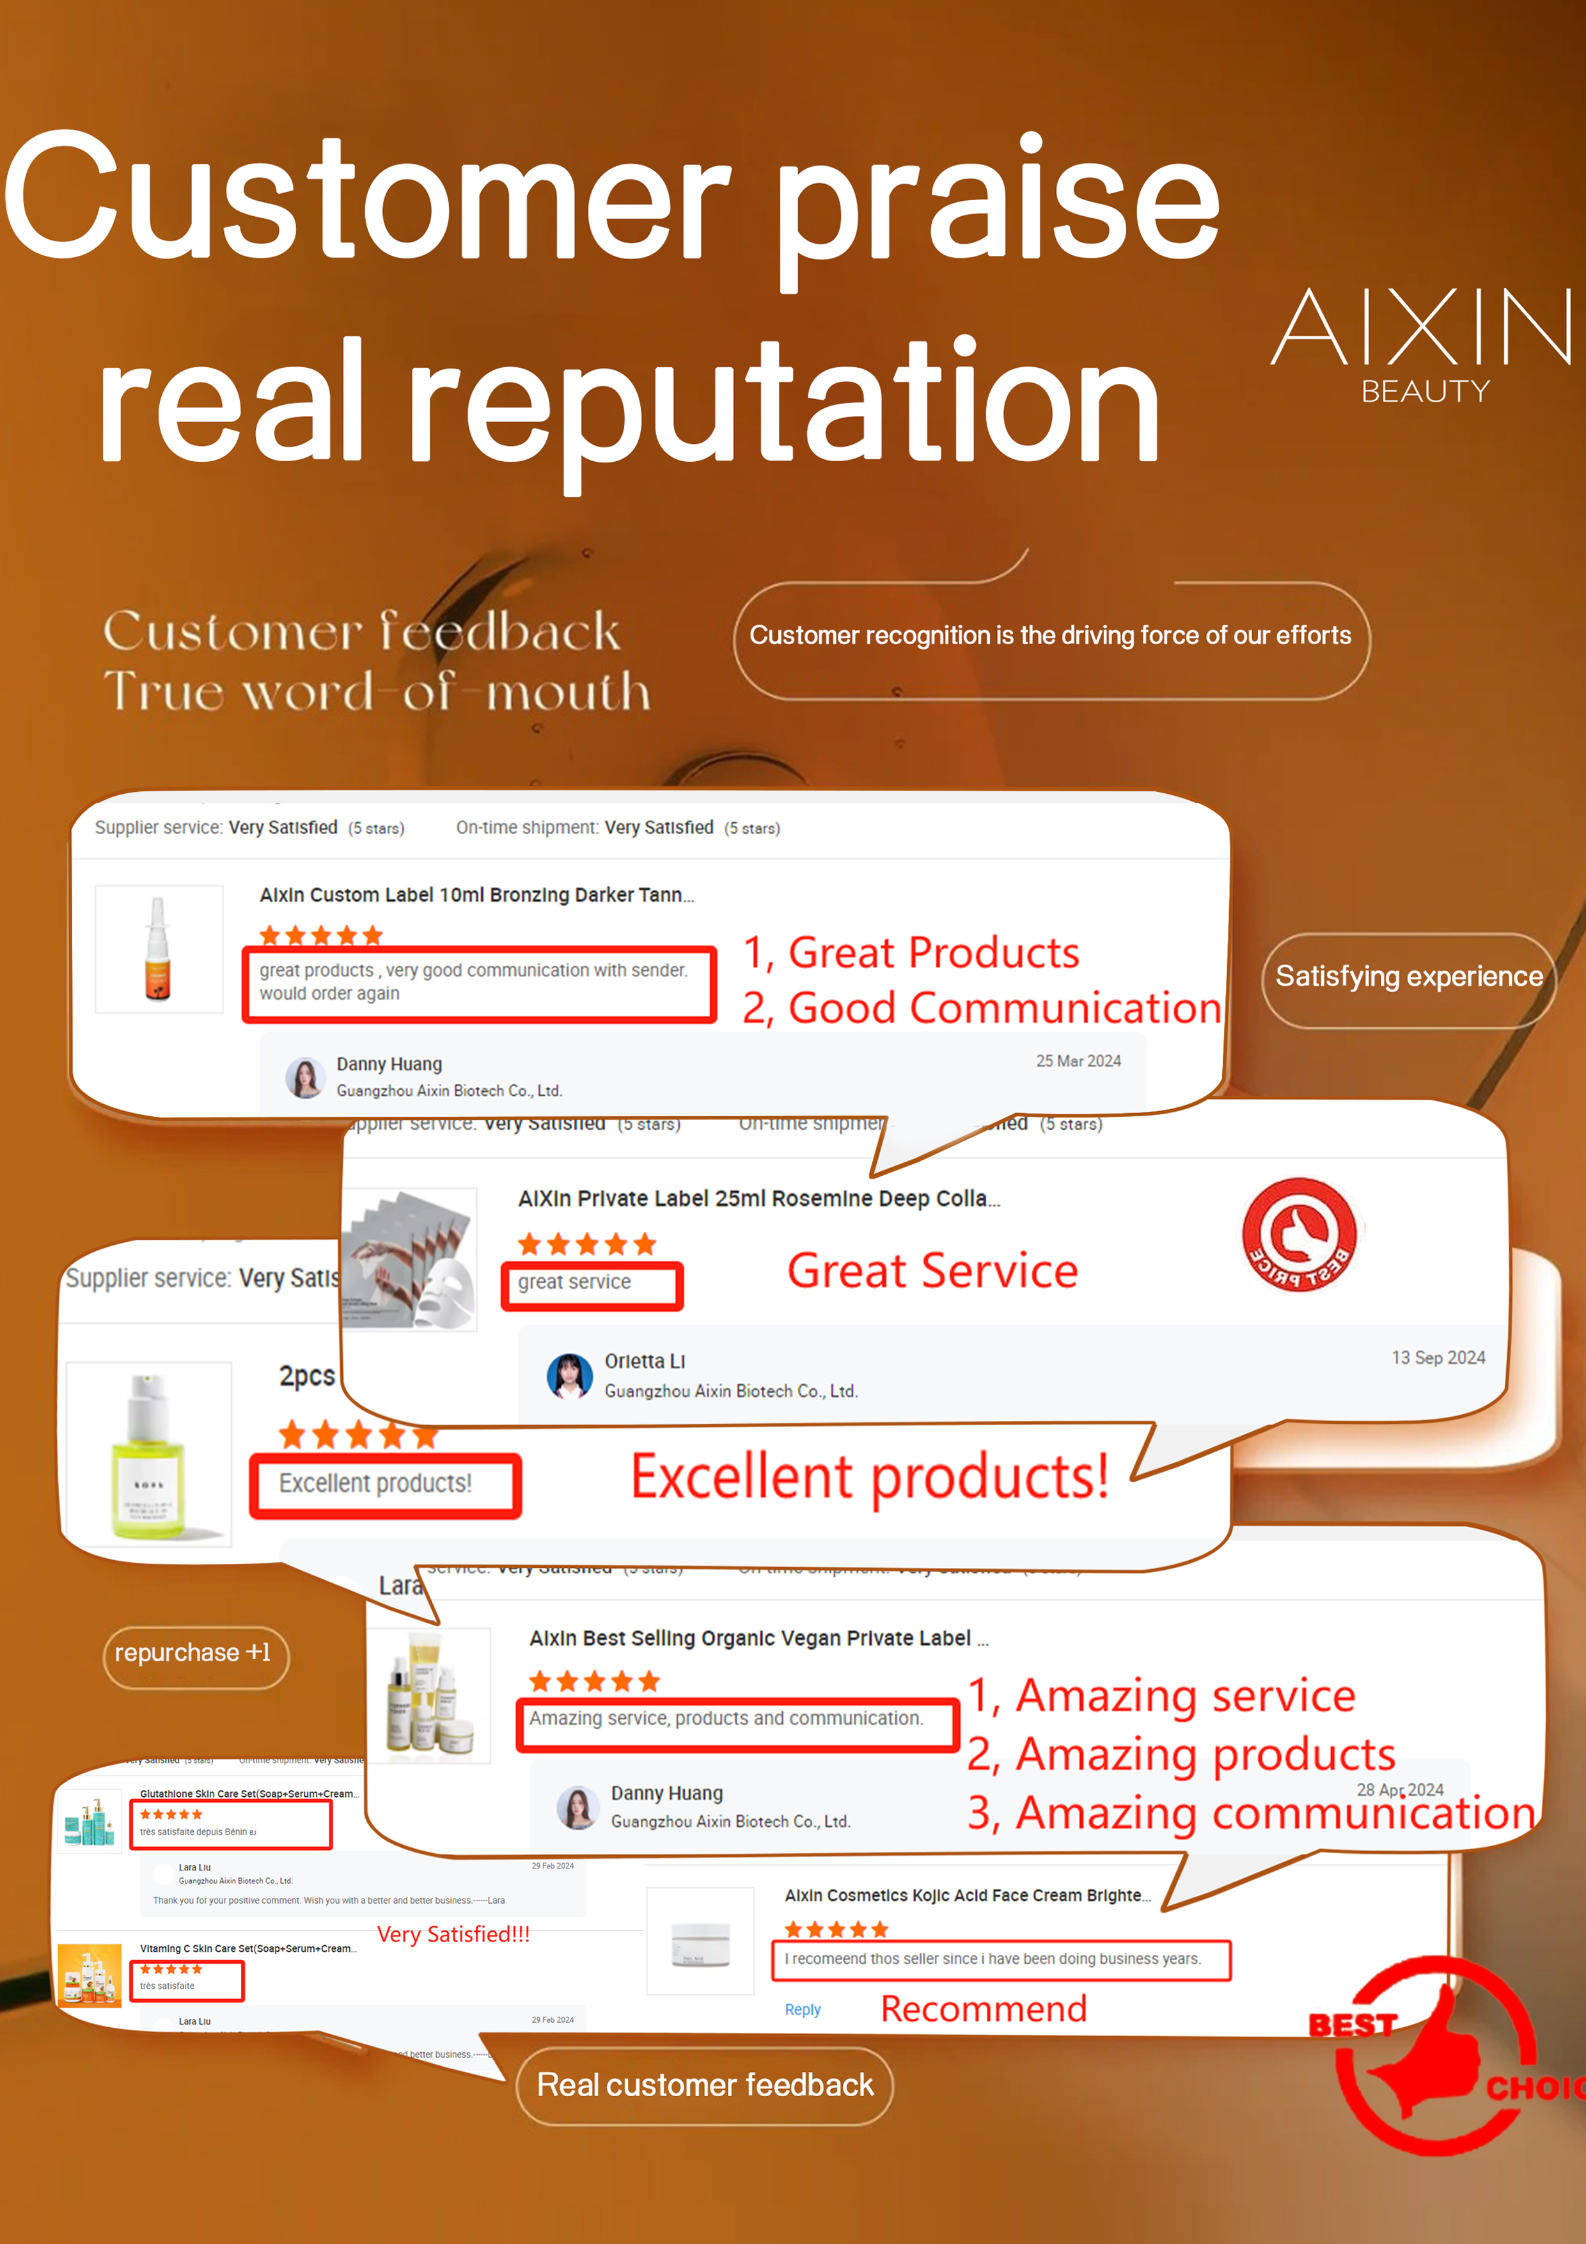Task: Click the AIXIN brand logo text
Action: point(1422,328)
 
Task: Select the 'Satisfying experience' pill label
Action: point(1408,976)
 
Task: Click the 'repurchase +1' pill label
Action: point(194,1653)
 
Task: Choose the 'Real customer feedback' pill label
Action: point(705,2085)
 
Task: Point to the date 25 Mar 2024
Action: point(1078,1061)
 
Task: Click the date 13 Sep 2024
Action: point(1438,1357)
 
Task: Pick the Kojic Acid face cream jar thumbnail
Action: point(701,1941)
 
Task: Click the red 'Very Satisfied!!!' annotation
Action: point(453,1934)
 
